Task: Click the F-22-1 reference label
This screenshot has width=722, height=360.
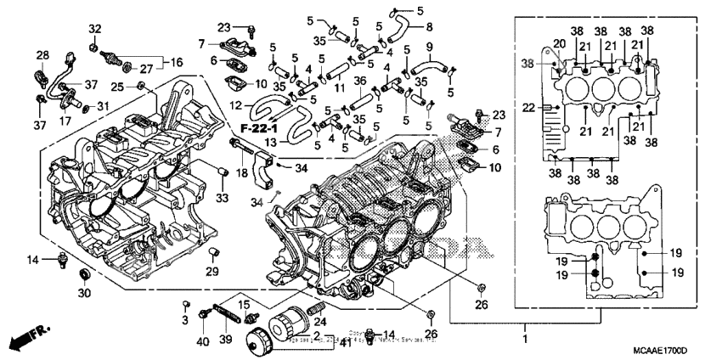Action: (x=260, y=127)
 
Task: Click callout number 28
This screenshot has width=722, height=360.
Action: (x=42, y=56)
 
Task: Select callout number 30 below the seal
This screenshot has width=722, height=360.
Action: (x=83, y=293)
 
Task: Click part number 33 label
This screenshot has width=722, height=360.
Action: (x=223, y=198)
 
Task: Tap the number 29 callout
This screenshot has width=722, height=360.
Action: (x=213, y=272)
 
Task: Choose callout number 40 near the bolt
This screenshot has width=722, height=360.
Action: (x=202, y=340)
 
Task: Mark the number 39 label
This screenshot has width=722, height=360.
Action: (x=227, y=340)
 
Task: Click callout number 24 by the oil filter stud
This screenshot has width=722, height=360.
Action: (x=320, y=322)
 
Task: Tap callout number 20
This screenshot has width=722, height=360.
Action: (x=559, y=44)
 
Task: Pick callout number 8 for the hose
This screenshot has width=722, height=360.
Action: (x=428, y=27)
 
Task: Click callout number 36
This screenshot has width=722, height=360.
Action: (x=360, y=82)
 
